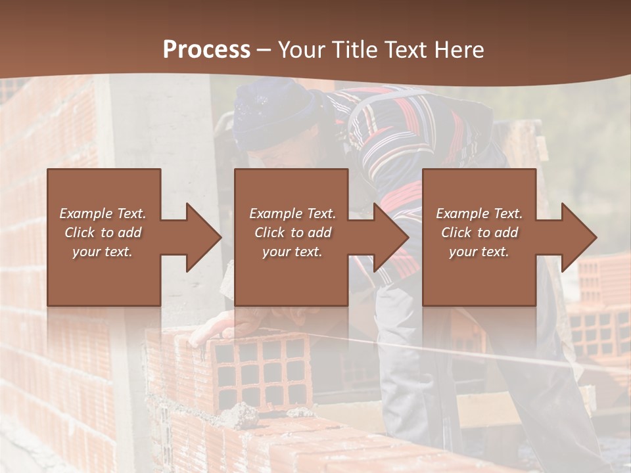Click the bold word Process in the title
click(206, 50)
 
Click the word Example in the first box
click(85, 214)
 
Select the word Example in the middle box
click(275, 214)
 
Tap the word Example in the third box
click(461, 214)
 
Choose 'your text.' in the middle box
click(292, 252)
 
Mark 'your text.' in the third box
click(479, 252)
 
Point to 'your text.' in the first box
click(102, 252)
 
